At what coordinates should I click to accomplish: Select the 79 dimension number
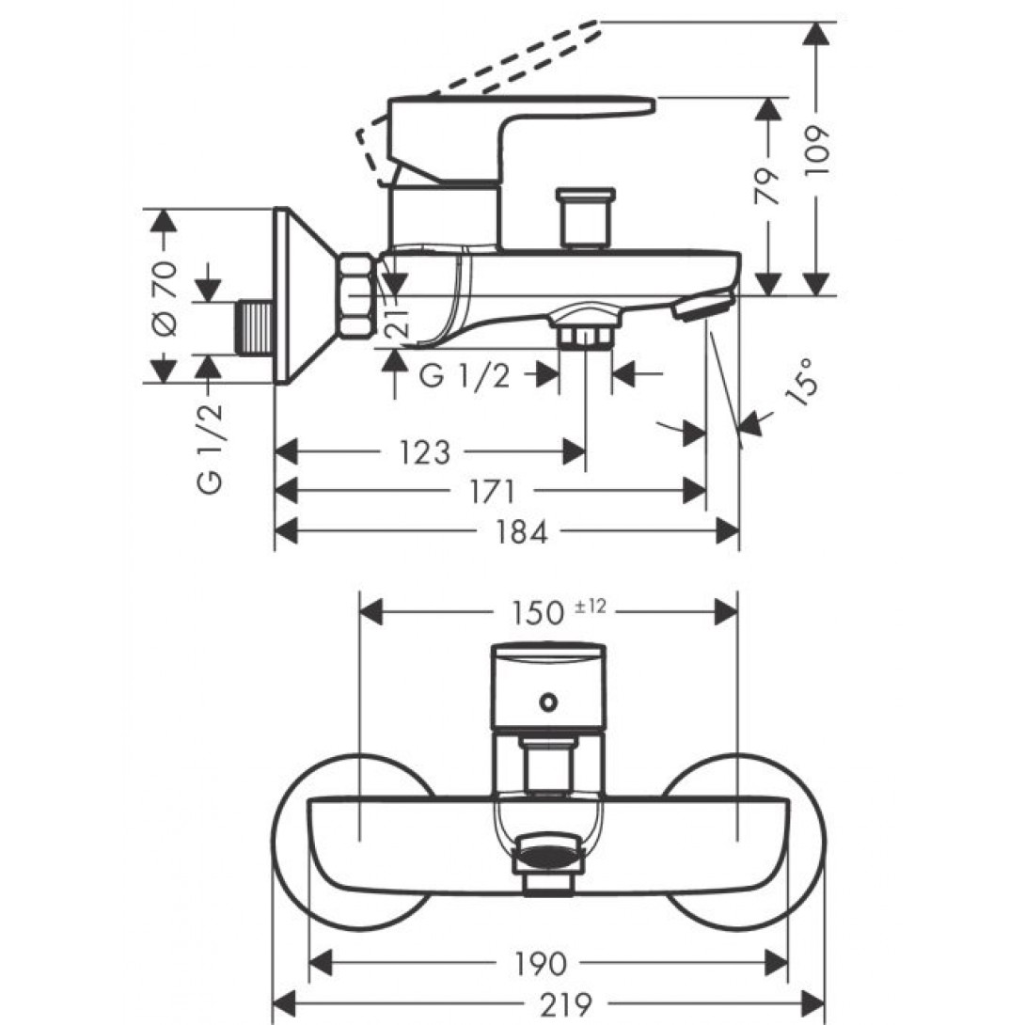click(x=769, y=185)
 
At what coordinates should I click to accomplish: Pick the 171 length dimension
click(x=490, y=491)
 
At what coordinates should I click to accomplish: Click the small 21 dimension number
click(x=396, y=322)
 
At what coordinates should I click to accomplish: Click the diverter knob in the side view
click(x=585, y=219)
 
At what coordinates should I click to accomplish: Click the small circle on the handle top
click(x=547, y=701)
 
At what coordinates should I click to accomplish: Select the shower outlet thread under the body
click(x=585, y=335)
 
